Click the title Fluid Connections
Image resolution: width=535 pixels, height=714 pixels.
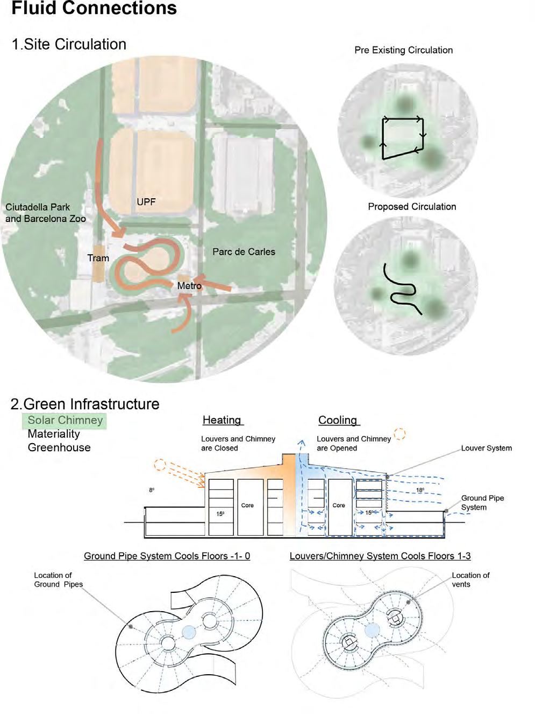pyautogui.click(x=94, y=9)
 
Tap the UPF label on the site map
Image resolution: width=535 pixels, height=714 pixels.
pyautogui.click(x=146, y=202)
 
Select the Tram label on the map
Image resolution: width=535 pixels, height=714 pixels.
pyautogui.click(x=98, y=258)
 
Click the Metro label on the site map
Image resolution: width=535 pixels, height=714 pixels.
pyautogui.click(x=189, y=286)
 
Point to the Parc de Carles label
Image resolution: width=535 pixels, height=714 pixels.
pyautogui.click(x=244, y=251)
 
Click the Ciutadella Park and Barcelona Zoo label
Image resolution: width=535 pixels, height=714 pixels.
pyautogui.click(x=46, y=213)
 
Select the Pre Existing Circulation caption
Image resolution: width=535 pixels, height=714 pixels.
pyautogui.click(x=403, y=50)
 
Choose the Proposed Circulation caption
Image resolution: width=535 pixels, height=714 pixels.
pyautogui.click(x=412, y=207)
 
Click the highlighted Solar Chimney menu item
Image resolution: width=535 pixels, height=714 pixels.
pyautogui.click(x=65, y=421)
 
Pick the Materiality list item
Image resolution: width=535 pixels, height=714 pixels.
pyautogui.click(x=54, y=434)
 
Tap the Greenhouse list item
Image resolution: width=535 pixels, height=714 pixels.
pyautogui.click(x=59, y=447)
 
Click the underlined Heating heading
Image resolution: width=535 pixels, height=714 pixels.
pyautogui.click(x=222, y=420)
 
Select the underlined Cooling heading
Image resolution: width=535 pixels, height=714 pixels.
pyautogui.click(x=338, y=420)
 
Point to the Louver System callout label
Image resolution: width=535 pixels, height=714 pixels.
pyautogui.click(x=486, y=448)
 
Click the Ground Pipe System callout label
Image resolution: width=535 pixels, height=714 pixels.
pyautogui.click(x=482, y=502)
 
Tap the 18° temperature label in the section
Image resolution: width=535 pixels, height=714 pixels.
pyautogui.click(x=420, y=491)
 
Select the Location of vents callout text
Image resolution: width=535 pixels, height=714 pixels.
pyautogui.click(x=470, y=579)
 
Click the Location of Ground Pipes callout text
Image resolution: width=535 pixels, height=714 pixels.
pyautogui.click(x=58, y=579)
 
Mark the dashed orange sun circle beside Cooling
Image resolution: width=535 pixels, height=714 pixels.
pyautogui.click(x=400, y=433)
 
